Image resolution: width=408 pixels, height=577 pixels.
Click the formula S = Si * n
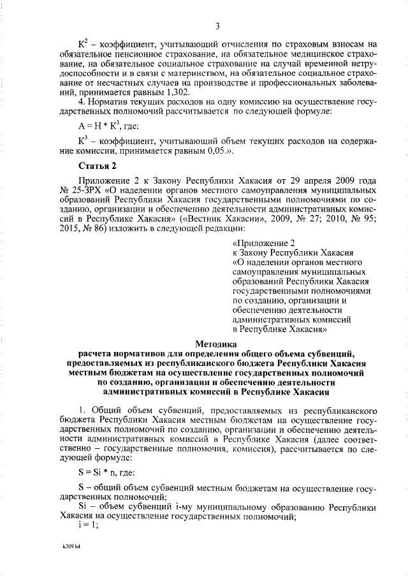pos(106,472)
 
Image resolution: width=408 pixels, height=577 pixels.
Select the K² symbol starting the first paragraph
pos(82,43)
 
